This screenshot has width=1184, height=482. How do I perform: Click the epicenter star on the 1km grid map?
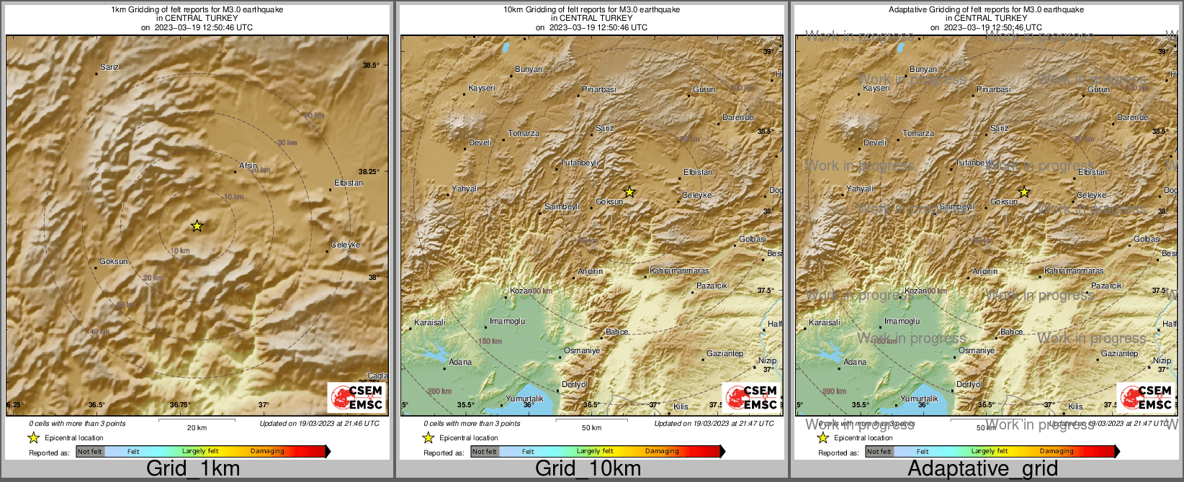[x=197, y=226]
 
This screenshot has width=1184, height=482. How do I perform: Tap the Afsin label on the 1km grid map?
[x=248, y=166]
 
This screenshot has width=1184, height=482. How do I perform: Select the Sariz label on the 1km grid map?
[x=109, y=67]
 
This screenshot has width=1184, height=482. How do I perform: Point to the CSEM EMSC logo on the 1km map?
[x=357, y=397]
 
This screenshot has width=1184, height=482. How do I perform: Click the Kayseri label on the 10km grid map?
[x=481, y=88]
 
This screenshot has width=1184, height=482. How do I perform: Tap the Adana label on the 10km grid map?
[x=460, y=362]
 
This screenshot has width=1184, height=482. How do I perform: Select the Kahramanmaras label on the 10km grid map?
[x=679, y=271]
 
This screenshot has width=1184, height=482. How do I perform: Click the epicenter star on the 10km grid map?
[x=629, y=192]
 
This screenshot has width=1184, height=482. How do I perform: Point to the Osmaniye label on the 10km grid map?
[x=582, y=350]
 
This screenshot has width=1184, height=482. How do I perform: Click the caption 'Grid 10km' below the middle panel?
[x=588, y=469]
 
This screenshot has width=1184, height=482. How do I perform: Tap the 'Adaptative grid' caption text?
[x=982, y=469]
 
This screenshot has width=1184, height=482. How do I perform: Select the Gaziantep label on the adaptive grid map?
[x=1119, y=353]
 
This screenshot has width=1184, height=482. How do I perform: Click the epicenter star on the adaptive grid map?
[x=1024, y=192]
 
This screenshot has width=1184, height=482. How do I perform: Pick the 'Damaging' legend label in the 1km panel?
[x=267, y=452]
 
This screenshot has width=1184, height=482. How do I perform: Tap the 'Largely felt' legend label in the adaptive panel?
[x=990, y=452]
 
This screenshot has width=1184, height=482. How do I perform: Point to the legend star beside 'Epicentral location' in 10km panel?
[x=428, y=437]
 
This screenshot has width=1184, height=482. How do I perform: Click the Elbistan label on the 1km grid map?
[x=349, y=183]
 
